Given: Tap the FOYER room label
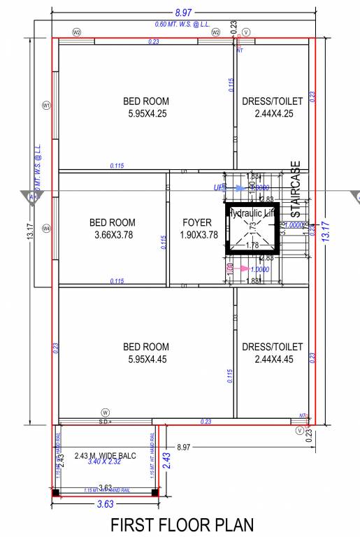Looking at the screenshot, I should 197,223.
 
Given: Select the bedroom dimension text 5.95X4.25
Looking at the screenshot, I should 146,113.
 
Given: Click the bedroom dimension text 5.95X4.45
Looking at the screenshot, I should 146,359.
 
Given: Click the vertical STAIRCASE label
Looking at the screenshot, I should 296,189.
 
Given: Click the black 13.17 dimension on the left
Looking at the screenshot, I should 29,230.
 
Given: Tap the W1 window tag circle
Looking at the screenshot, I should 47,106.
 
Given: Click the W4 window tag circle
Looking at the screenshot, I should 47,228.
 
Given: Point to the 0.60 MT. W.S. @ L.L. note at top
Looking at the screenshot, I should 184,24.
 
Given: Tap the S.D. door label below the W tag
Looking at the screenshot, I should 106,422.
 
